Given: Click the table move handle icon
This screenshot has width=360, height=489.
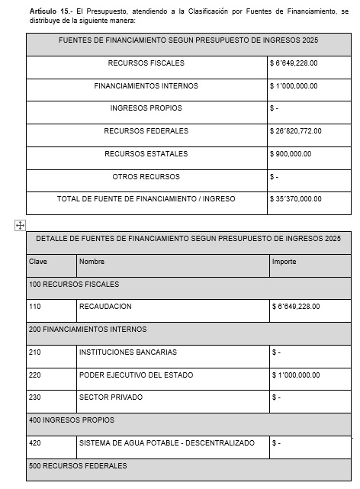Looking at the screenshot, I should (x=20, y=224).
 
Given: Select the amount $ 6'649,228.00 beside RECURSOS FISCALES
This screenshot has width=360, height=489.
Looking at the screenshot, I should (x=295, y=63).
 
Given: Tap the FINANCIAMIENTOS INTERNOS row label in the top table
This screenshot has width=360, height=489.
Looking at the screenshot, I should (x=146, y=86).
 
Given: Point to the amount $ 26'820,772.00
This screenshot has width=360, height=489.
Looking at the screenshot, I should (x=296, y=131).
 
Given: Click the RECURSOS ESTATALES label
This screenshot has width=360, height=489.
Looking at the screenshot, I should (x=146, y=154).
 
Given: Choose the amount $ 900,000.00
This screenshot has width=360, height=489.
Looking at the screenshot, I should (x=291, y=154).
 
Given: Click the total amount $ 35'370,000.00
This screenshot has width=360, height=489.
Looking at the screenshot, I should (x=296, y=199).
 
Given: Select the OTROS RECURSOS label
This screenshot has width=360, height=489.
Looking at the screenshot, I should (x=146, y=177).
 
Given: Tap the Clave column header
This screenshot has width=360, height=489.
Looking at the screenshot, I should (x=38, y=262).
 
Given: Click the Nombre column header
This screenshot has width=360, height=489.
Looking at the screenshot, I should (x=92, y=262).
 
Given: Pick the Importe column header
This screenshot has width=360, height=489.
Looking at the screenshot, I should (x=284, y=262).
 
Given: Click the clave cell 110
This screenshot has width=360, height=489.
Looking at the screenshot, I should (x=35, y=307).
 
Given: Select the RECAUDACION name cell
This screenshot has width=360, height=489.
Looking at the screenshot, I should (x=105, y=307).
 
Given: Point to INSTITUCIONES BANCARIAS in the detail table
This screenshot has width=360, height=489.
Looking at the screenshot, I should (x=127, y=352).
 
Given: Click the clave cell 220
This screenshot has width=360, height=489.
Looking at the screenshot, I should (x=35, y=375).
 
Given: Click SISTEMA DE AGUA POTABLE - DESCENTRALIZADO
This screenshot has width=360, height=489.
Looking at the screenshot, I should (x=166, y=443).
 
